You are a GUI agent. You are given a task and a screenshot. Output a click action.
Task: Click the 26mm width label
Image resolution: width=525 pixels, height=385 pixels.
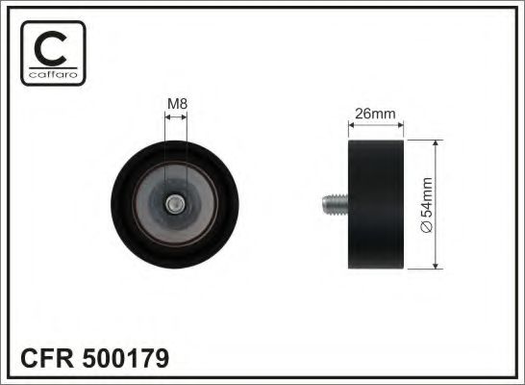click(x=376, y=113)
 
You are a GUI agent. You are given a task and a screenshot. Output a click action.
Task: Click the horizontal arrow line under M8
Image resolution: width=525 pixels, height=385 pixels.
click(x=176, y=117)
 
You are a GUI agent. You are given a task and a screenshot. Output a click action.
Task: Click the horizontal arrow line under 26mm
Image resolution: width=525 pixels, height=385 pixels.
click(x=376, y=127)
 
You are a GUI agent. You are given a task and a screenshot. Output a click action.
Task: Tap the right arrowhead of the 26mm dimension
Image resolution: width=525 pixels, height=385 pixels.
click(x=401, y=127)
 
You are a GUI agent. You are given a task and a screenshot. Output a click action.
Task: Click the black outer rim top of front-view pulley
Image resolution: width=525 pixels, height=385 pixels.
click(x=176, y=147)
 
